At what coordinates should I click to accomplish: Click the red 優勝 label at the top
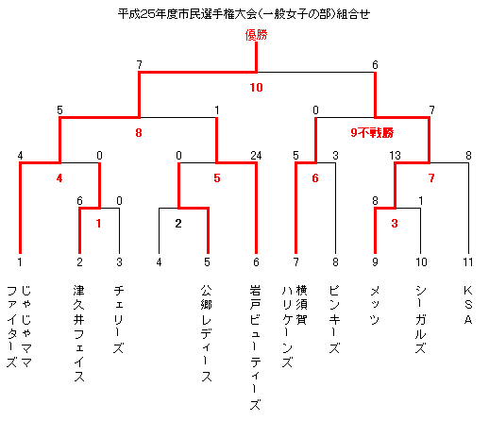256,35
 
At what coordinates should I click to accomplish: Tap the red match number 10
256,88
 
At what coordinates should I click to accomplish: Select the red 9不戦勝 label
372,133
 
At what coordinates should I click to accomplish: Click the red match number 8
139,133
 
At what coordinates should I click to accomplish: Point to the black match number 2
178,224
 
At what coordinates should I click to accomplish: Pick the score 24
256,156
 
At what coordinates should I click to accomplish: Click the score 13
395,156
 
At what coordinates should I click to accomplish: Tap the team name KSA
468,305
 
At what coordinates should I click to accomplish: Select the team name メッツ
375,305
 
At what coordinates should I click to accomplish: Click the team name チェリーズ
119,319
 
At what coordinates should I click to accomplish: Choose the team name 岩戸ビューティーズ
255,347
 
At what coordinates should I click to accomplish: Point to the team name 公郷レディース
206,333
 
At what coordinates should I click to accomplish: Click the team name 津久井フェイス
79,333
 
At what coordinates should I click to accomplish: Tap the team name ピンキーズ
334,319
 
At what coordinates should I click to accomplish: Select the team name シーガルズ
420,319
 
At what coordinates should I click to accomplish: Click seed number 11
468,261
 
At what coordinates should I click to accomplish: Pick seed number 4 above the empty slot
159,261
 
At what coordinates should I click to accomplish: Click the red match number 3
395,224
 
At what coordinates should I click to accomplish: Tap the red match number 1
98,224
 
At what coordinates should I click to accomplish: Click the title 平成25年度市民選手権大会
188,14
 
